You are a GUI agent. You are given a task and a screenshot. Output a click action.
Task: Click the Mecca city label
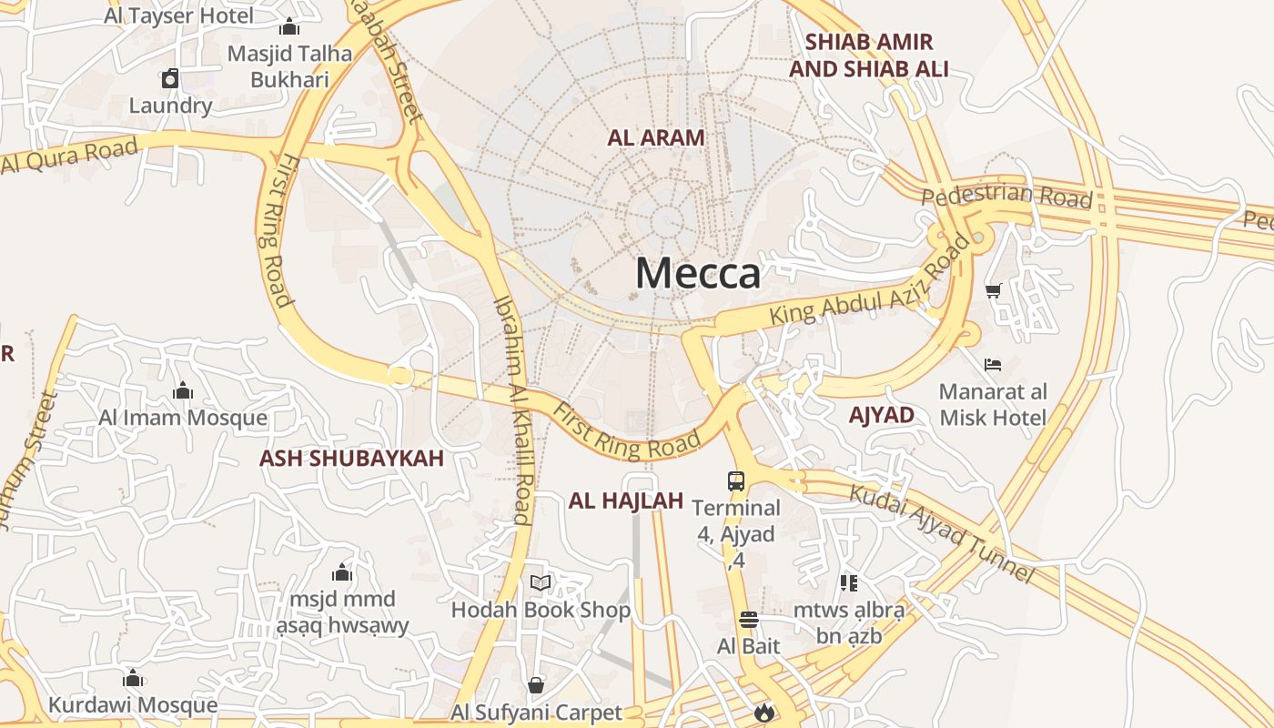pyautogui.click(x=697, y=273)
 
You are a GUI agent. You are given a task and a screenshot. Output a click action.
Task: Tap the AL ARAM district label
pyautogui.click(x=656, y=138)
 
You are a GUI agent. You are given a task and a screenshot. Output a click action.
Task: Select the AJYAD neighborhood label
pyautogui.click(x=881, y=415)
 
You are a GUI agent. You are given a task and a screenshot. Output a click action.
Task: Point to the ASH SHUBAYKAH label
pyautogui.click(x=352, y=458)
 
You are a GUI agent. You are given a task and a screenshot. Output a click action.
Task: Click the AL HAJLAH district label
pyautogui.click(x=625, y=500)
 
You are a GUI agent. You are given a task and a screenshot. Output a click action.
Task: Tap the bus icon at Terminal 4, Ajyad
pyautogui.click(x=736, y=481)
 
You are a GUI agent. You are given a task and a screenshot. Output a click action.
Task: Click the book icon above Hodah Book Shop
pyautogui.click(x=541, y=582)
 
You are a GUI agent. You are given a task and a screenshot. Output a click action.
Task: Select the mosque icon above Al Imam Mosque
pyautogui.click(x=183, y=390)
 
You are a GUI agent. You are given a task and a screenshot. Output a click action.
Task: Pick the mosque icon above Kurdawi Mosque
pyautogui.click(x=133, y=679)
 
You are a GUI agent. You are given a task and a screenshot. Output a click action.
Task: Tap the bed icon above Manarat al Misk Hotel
pyautogui.click(x=993, y=365)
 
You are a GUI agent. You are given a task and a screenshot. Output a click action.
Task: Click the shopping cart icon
pyautogui.click(x=993, y=291)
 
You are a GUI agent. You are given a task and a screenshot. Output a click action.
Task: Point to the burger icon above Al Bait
pyautogui.click(x=749, y=621)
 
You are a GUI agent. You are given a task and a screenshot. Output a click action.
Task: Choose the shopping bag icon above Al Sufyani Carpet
pyautogui.click(x=536, y=685)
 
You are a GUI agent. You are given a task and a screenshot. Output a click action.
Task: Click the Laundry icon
pyautogui.click(x=170, y=78)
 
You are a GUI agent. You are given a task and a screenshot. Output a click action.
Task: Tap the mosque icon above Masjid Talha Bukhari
pyautogui.click(x=289, y=26)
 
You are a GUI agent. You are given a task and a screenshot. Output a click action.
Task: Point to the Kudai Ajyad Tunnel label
pyautogui.click(x=942, y=533)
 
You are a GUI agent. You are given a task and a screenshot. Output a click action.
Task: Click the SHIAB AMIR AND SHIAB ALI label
pyautogui.click(x=869, y=55)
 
